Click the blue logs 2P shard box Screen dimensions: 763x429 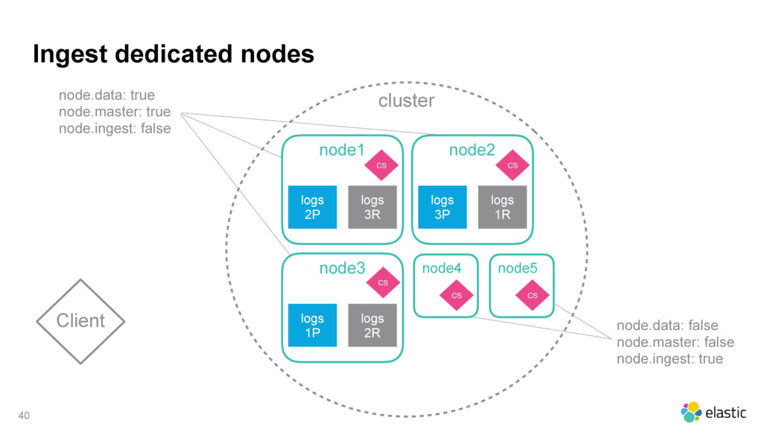312,207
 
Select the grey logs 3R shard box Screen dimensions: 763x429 373,207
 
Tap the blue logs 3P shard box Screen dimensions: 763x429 443,207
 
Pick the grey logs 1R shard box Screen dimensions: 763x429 502,207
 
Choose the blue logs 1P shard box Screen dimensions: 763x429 312,325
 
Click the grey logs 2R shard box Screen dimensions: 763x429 373,325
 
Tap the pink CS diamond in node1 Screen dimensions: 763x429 381,165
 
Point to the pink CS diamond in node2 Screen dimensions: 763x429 513,165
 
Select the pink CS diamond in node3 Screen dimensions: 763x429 383,282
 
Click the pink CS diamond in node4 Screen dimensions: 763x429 457,295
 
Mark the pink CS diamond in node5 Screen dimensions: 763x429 532,295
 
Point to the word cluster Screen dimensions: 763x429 406,101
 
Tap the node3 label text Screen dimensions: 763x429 342,268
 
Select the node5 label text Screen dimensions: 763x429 517,268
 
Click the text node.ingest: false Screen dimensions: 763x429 115,128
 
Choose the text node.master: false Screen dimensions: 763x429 675,342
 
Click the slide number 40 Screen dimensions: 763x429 24,416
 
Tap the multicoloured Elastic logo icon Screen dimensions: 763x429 691,412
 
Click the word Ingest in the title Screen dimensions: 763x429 70,54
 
